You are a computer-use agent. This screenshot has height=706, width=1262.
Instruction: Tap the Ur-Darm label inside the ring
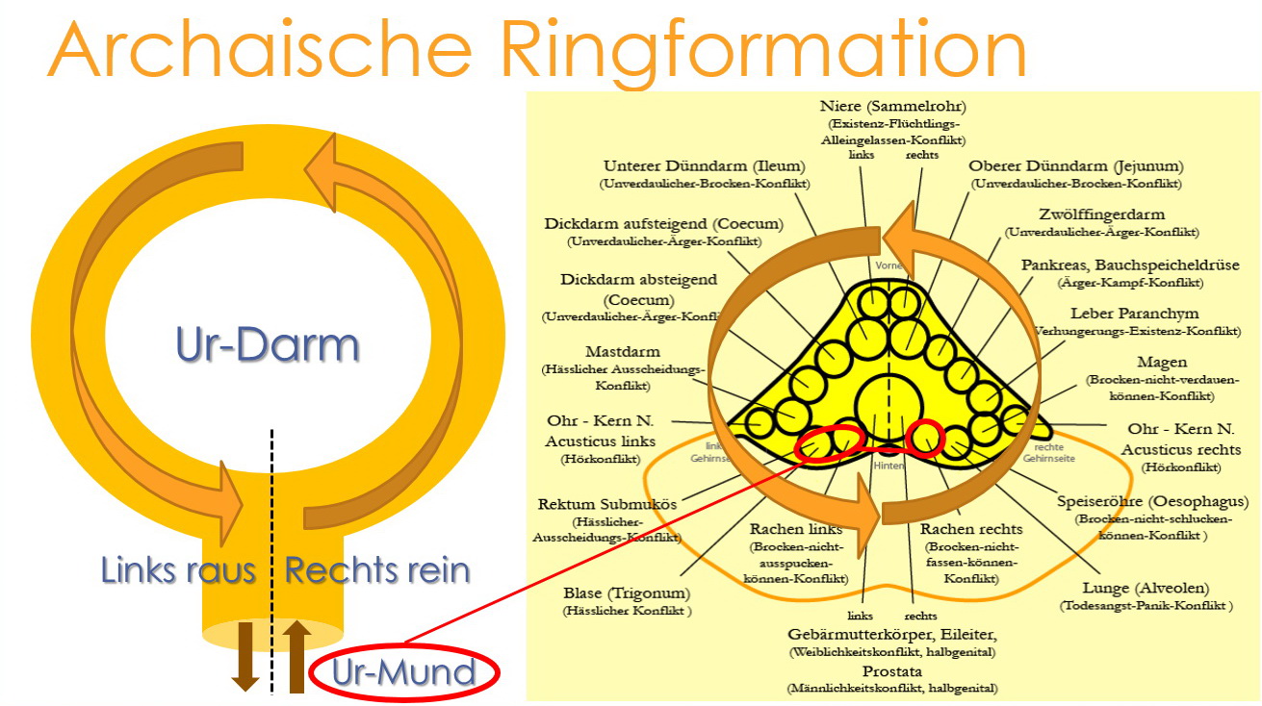[x=268, y=344]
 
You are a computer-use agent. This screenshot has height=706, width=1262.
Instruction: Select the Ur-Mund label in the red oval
[x=403, y=672]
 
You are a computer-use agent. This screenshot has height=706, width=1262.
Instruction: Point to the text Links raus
[x=178, y=570]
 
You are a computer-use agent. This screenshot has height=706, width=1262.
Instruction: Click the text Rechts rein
[x=377, y=570]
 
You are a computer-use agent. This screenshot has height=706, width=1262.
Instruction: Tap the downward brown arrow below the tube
[x=245, y=655]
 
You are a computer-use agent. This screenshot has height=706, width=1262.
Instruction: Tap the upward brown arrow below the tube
[x=296, y=655]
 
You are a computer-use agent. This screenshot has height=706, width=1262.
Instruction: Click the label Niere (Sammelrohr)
[x=892, y=106]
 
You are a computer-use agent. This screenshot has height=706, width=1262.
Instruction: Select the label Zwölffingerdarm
[x=1101, y=214]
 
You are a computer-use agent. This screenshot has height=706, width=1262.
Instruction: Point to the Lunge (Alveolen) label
[x=1146, y=588]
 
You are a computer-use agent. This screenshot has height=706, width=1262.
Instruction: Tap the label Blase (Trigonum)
[x=627, y=593]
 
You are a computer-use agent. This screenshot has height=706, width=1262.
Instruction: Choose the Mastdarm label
[x=622, y=352]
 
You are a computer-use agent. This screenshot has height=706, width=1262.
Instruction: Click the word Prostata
[x=891, y=670]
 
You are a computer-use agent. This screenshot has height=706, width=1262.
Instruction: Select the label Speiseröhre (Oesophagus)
[x=1152, y=501]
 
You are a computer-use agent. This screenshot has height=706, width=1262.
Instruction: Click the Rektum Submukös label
[x=607, y=504]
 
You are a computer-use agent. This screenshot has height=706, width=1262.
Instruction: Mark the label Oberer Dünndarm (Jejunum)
[x=1075, y=165]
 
